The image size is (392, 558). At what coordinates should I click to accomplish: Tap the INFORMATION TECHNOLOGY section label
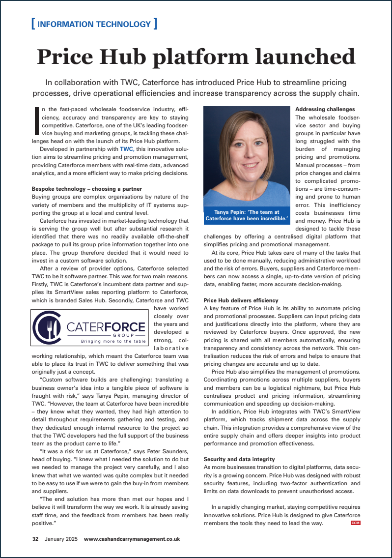[94, 24]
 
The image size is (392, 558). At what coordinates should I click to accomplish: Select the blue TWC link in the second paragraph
[127, 148]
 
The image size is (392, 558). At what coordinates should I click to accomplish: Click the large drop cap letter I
[36, 121]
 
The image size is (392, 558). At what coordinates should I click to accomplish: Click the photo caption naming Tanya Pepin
[247, 215]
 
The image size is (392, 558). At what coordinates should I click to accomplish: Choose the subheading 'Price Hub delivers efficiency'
[241, 300]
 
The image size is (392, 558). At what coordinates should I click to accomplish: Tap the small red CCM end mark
[356, 523]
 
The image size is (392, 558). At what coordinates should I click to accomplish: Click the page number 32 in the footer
[35, 539]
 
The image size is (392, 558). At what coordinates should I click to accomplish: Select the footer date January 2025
[61, 539]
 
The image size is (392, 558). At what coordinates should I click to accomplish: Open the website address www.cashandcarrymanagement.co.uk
[132, 539]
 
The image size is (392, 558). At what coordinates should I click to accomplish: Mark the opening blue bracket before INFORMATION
[32, 24]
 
